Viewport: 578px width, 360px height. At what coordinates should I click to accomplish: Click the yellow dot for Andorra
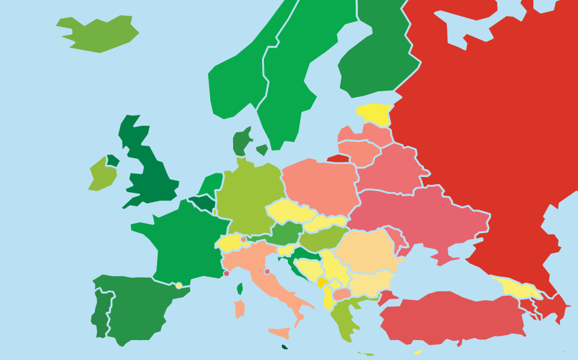click(179, 286)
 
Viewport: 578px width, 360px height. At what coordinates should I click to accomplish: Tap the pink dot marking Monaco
click(226, 274)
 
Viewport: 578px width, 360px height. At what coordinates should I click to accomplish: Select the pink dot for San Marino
click(267, 272)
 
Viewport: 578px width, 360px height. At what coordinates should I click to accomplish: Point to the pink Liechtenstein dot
click(243, 239)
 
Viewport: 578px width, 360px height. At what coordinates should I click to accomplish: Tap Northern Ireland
click(113, 161)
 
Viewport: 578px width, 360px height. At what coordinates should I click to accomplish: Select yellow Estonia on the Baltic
click(374, 113)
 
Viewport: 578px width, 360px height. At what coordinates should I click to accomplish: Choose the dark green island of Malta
click(284, 347)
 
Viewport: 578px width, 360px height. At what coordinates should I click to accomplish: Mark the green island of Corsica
click(240, 289)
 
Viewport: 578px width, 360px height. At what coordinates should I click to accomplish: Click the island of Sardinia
click(240, 309)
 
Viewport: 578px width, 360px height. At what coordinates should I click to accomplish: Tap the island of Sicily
click(280, 333)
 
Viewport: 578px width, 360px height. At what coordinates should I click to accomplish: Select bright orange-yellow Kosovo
click(323, 282)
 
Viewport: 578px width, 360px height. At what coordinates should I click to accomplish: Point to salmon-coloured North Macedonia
click(341, 294)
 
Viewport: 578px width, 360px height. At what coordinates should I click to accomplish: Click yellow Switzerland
click(230, 243)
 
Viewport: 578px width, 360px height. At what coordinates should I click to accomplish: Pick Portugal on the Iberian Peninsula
click(100, 311)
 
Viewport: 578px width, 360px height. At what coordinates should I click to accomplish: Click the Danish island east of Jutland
click(262, 149)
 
